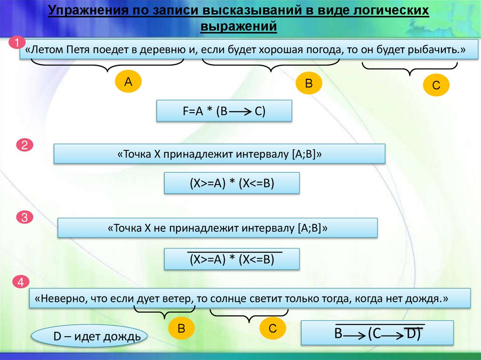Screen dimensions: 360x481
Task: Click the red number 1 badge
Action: point(17,43)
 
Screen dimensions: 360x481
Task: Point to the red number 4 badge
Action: point(21,283)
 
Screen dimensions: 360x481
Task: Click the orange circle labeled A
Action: point(128,82)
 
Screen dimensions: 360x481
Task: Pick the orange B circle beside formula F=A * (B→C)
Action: point(309,84)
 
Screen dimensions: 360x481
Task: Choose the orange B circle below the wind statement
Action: point(180,329)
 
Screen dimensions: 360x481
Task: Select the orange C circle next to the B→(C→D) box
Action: point(272,329)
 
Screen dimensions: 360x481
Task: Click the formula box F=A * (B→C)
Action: point(224,112)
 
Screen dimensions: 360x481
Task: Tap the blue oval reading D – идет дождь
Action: point(89,337)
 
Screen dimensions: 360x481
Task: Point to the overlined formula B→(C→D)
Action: point(377,333)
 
